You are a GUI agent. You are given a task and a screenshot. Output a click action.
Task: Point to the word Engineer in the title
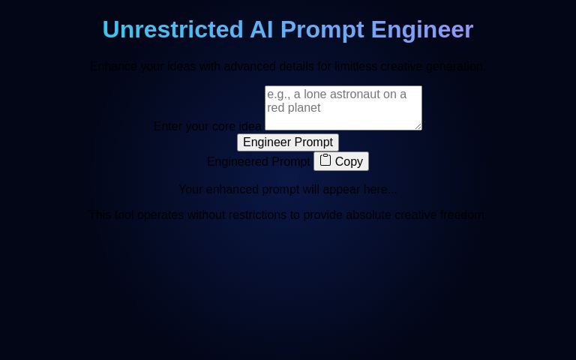[422, 29]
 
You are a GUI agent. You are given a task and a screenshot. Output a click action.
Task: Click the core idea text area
[343, 108]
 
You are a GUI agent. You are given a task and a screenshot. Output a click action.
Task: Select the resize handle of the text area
[418, 127]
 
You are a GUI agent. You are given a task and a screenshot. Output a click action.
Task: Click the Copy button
[341, 161]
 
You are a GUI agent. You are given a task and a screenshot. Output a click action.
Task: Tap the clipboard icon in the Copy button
[325, 160]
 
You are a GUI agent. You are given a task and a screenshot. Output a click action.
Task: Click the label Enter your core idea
[207, 126]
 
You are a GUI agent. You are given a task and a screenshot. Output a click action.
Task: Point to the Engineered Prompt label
[258, 161]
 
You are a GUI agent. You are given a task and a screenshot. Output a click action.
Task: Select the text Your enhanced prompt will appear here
[287, 189]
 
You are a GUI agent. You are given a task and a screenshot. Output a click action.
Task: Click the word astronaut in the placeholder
[352, 94]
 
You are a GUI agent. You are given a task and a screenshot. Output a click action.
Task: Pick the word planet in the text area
[305, 108]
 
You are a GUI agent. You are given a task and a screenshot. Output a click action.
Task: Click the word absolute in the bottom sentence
[367, 214]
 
